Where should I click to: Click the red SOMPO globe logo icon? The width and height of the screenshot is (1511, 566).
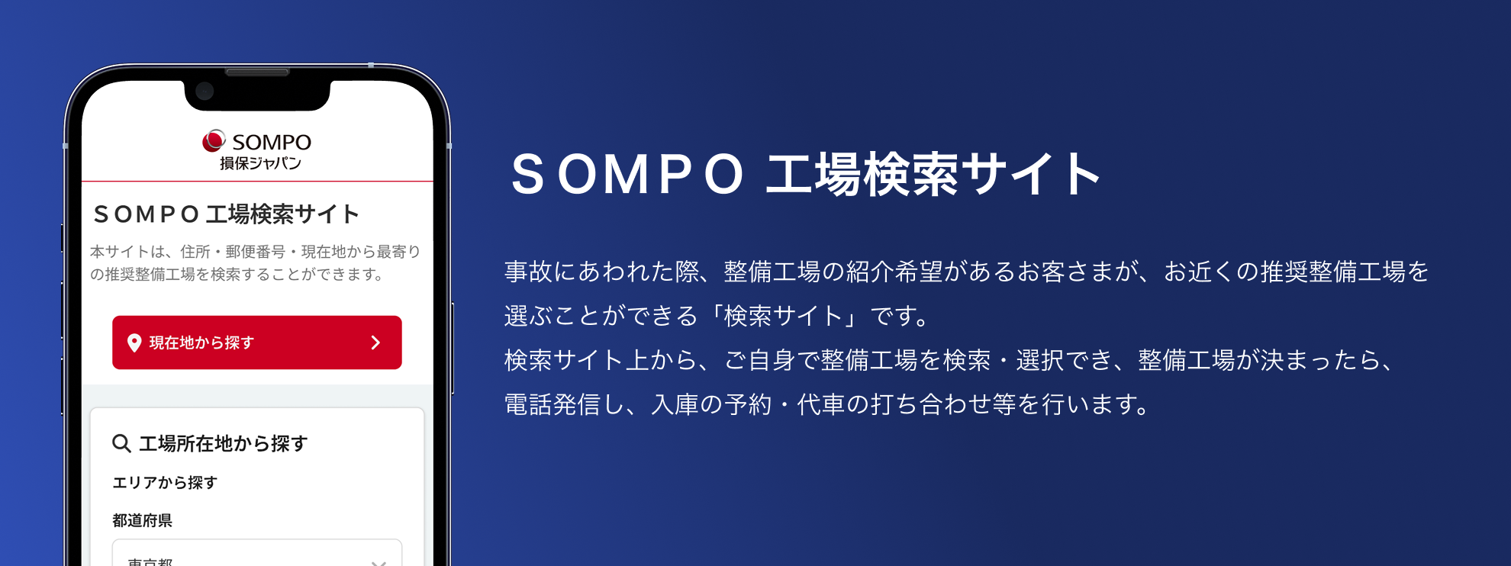[x=214, y=141]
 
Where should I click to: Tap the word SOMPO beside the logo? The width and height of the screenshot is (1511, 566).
[x=272, y=143]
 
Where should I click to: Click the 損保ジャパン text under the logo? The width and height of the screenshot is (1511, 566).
[x=260, y=163]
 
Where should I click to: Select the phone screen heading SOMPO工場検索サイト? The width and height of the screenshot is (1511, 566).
[x=226, y=214]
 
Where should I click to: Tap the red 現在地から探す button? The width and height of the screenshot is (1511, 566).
[x=256, y=342]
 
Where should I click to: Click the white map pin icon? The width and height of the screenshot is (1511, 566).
[x=134, y=343]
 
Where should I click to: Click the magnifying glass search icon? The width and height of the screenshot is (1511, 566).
[x=121, y=443]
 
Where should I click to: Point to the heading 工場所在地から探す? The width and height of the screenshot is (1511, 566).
[x=223, y=443]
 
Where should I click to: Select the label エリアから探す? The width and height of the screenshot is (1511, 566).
[x=165, y=483]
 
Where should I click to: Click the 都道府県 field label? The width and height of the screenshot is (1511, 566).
[x=142, y=520]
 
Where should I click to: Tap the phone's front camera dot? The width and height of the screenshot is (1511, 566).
[x=205, y=92]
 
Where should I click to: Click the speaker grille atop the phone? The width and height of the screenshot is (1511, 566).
[x=257, y=73]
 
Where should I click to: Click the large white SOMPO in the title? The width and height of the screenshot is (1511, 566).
[x=627, y=175]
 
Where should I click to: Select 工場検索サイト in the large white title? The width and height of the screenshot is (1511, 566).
[x=933, y=175]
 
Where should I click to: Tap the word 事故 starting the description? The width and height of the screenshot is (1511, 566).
[x=528, y=272]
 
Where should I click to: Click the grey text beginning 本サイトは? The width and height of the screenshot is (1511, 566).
[x=255, y=262]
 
